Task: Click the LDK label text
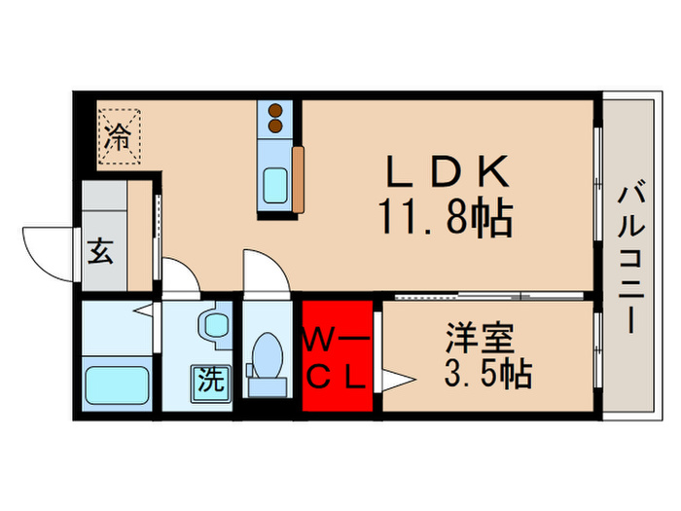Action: pos(448,174)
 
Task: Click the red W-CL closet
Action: pos(337,355)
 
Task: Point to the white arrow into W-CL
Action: pos(393,377)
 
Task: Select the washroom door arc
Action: pos(180,275)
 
